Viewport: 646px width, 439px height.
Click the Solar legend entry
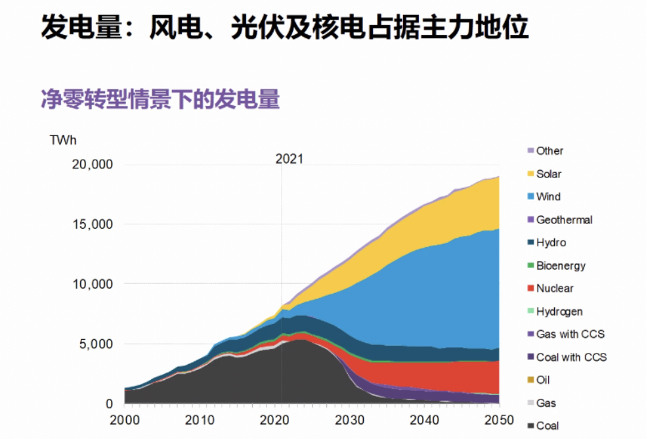point(548,174)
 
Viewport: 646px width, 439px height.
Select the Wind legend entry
point(548,196)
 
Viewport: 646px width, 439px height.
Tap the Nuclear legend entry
point(554,289)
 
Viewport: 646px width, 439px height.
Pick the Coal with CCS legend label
point(571,358)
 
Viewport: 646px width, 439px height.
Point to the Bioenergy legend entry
point(560,266)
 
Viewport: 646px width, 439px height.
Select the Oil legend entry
point(543,380)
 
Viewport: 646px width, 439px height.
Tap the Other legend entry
point(549,151)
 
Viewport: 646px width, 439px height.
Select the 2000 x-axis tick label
point(124,421)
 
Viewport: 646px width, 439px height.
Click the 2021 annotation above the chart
point(290,159)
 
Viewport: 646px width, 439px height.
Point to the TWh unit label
point(63,139)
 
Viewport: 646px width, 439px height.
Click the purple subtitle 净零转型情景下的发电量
point(160,100)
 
